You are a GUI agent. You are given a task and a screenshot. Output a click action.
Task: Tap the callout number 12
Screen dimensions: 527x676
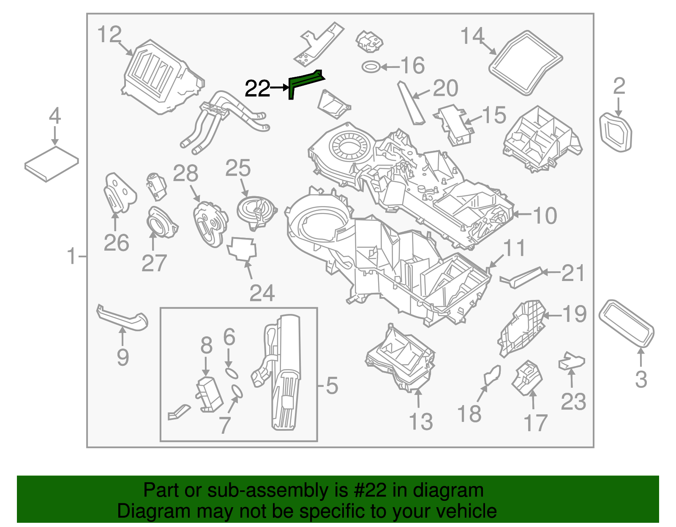109,35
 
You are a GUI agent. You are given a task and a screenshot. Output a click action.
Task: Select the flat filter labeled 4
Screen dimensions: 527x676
52,164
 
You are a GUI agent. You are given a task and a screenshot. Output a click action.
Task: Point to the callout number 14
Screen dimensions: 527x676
472,36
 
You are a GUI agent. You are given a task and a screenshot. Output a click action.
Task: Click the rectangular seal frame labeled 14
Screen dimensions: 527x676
526,62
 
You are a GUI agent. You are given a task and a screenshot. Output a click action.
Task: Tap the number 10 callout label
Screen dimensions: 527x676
545,216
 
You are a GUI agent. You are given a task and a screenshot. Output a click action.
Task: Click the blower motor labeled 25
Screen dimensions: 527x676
256,211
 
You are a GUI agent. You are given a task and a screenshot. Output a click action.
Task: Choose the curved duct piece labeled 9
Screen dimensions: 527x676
123,319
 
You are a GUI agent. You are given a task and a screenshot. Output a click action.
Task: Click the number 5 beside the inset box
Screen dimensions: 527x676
332,386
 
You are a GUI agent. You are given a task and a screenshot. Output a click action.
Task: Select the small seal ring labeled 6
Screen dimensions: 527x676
231,373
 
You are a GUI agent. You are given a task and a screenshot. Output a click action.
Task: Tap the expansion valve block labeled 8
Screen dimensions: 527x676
209,395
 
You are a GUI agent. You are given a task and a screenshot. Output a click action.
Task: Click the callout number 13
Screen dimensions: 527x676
421,422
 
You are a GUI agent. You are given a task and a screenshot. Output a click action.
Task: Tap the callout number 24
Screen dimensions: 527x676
262,293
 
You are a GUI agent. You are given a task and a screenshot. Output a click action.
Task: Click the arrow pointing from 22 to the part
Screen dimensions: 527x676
279,88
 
